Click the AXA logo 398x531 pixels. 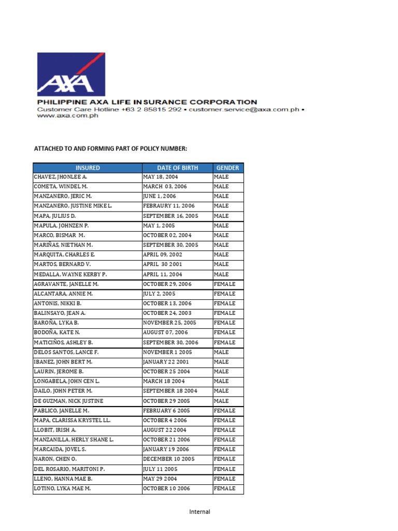click(71, 74)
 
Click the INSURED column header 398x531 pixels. click(88, 168)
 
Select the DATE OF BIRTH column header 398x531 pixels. click(177, 168)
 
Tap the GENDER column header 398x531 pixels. click(228, 168)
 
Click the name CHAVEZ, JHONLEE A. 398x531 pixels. click(61, 177)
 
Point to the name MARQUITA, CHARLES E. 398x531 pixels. click(64, 255)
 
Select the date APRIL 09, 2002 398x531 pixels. click(163, 255)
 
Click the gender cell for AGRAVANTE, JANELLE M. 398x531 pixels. click(224, 284)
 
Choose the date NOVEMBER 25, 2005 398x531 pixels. click(169, 323)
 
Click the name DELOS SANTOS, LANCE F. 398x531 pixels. click(66, 352)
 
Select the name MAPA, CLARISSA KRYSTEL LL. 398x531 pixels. click(72, 421)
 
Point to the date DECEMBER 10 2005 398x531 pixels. click(168, 459)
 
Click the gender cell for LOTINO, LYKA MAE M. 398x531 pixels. click(224, 488)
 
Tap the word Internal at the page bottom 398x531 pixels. click(200, 512)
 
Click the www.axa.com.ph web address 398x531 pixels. click(67, 116)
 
